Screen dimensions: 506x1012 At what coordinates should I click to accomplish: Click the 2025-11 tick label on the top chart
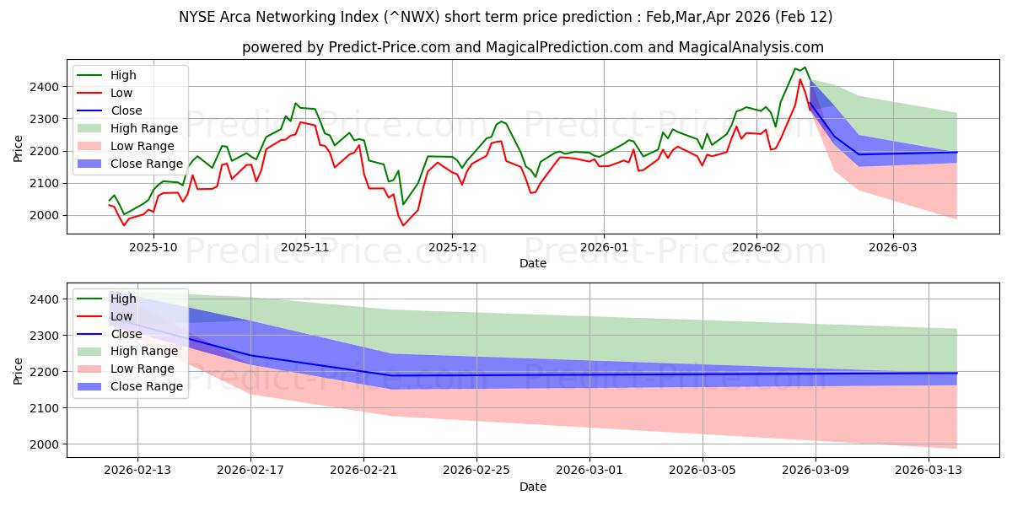pos(304,248)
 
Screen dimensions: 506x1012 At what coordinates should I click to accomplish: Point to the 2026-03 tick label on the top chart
pos(893,248)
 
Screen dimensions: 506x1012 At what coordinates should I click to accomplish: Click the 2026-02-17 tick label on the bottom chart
pos(250,471)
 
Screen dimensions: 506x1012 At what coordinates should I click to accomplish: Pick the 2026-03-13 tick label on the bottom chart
pos(929,471)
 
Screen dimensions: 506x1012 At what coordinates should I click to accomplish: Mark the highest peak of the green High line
pos(805,67)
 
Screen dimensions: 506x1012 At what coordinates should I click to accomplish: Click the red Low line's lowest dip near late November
pos(403,225)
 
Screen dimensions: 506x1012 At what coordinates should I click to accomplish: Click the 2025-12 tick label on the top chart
pos(452,248)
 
